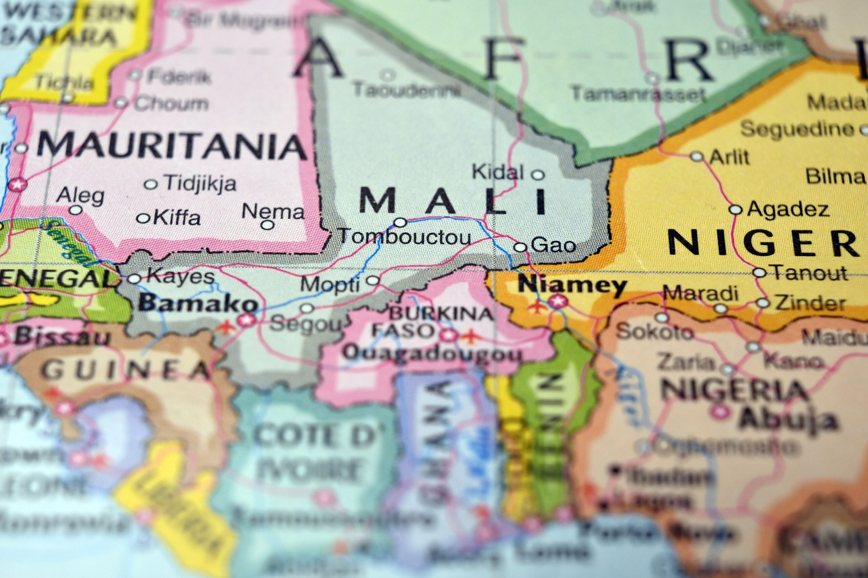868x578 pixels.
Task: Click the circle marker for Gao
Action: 520,247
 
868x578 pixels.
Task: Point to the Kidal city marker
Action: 538,174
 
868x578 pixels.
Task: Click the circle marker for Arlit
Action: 697,157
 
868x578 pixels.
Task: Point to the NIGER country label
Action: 762,242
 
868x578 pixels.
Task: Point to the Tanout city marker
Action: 759,273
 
